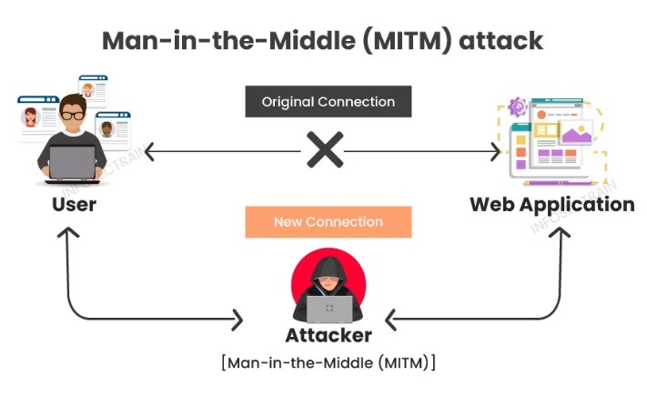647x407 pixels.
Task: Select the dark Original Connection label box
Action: [328, 102]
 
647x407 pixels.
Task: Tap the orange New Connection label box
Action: [328, 221]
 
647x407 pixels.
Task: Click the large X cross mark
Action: [324, 150]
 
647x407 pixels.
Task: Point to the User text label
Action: [74, 204]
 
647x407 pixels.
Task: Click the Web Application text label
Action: [551, 204]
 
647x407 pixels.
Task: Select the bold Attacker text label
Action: [329, 335]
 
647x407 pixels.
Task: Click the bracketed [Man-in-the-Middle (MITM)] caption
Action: [329, 362]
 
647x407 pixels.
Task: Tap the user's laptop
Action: [73, 165]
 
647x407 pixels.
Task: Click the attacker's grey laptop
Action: [329, 309]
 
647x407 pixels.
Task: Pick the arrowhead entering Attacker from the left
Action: [238, 319]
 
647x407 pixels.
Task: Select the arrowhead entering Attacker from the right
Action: [392, 319]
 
